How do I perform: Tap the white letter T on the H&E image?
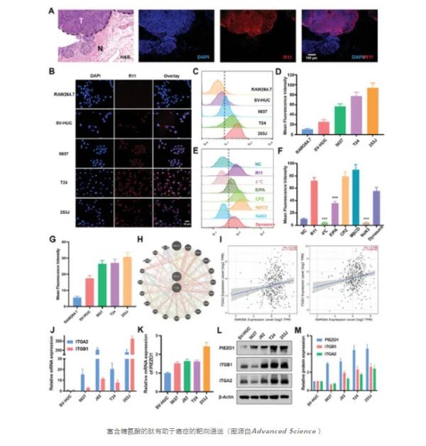tap(82, 21)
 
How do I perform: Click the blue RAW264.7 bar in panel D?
tap(288, 131)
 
